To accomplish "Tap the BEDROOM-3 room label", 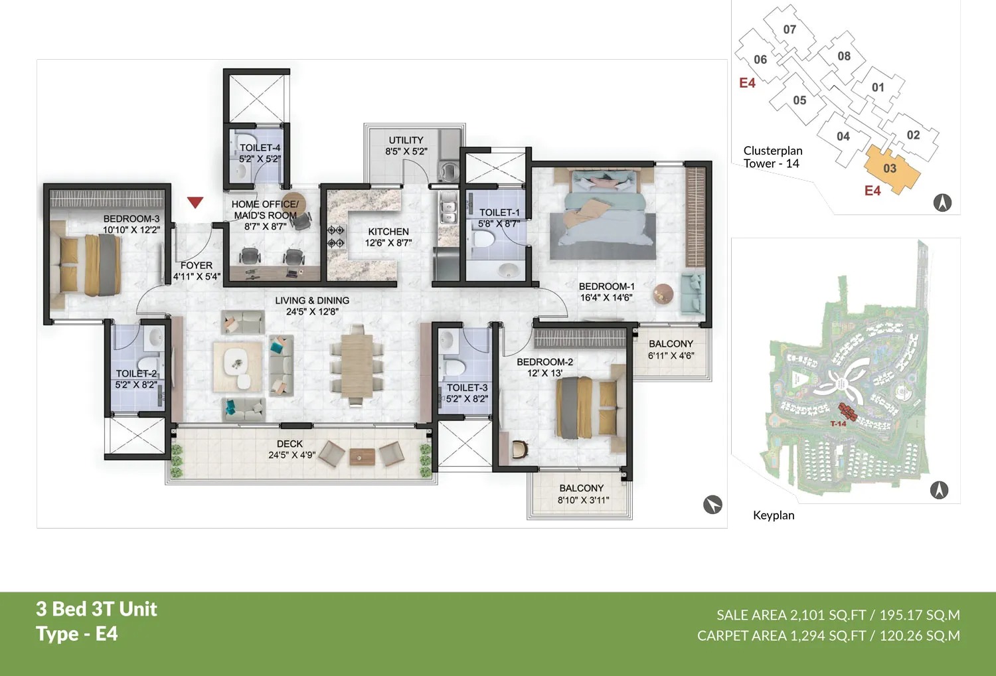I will tap(131, 218).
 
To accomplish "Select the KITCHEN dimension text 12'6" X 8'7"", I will tap(388, 243).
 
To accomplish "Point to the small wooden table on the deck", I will tap(363, 456).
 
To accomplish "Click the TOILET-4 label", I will tap(260, 147).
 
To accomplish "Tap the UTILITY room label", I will tap(406, 140).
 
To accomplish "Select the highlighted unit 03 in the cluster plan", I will tap(890, 169).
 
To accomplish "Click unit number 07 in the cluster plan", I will tap(789, 29).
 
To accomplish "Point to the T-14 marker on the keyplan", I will tap(838, 424).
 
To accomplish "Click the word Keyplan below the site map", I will tap(774, 515).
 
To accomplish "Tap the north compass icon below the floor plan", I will tap(712, 505).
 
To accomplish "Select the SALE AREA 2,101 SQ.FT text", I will tap(791, 615).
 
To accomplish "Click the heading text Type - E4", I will tap(77, 634).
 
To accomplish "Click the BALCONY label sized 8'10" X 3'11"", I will tap(581, 488).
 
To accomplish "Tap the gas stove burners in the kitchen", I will tap(335, 236).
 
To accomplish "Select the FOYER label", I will tap(197, 265).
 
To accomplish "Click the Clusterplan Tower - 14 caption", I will tap(773, 157).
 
